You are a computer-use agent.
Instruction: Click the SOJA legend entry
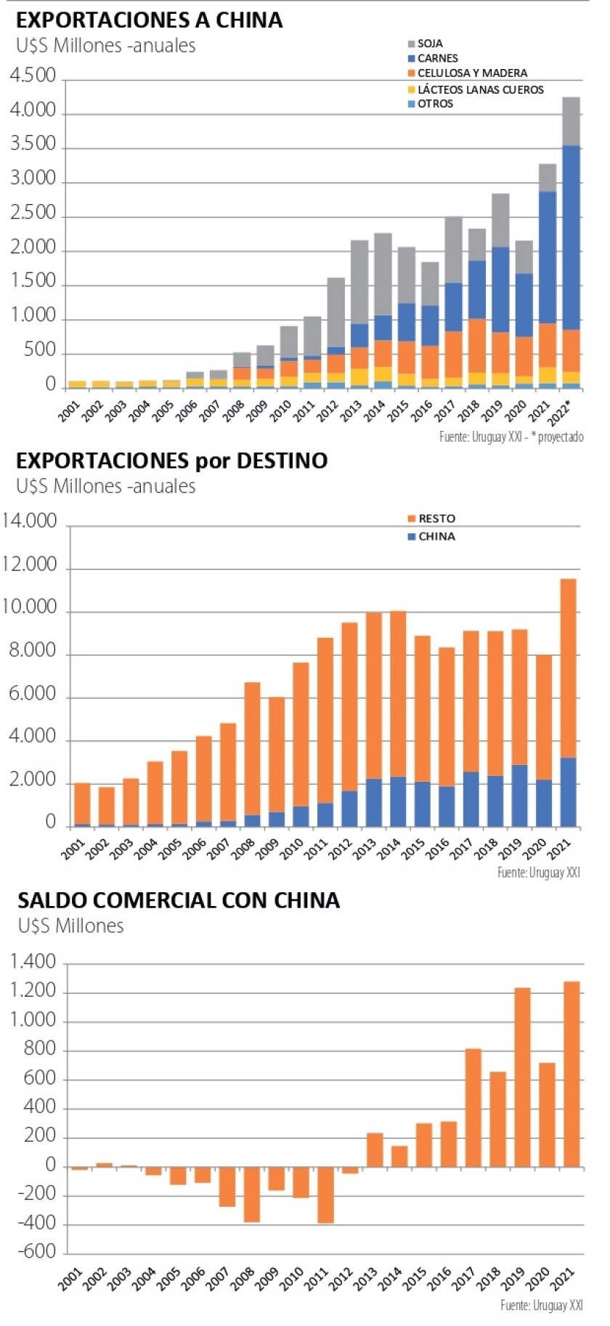pos(429,44)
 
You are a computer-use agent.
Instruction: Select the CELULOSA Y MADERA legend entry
pos(471,73)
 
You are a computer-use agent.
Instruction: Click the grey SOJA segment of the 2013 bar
pos(359,282)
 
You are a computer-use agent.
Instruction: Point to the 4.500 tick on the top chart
pos(33,76)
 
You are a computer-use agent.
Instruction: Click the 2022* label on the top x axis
pos(559,415)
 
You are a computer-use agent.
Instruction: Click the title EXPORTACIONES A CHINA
pos(149,20)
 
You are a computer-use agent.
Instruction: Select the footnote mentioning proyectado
pos(511,437)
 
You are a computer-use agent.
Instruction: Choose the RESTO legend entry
pos(436,519)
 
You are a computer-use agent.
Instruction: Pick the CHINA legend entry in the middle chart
pos(436,536)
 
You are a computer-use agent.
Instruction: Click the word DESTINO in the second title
pos(282,461)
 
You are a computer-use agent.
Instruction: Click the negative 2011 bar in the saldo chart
pos(325,1195)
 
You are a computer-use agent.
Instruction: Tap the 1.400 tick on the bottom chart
pos(33,963)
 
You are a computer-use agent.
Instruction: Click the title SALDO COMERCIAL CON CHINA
pos(179,901)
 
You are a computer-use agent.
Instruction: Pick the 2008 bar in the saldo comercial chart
pos(251,1194)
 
